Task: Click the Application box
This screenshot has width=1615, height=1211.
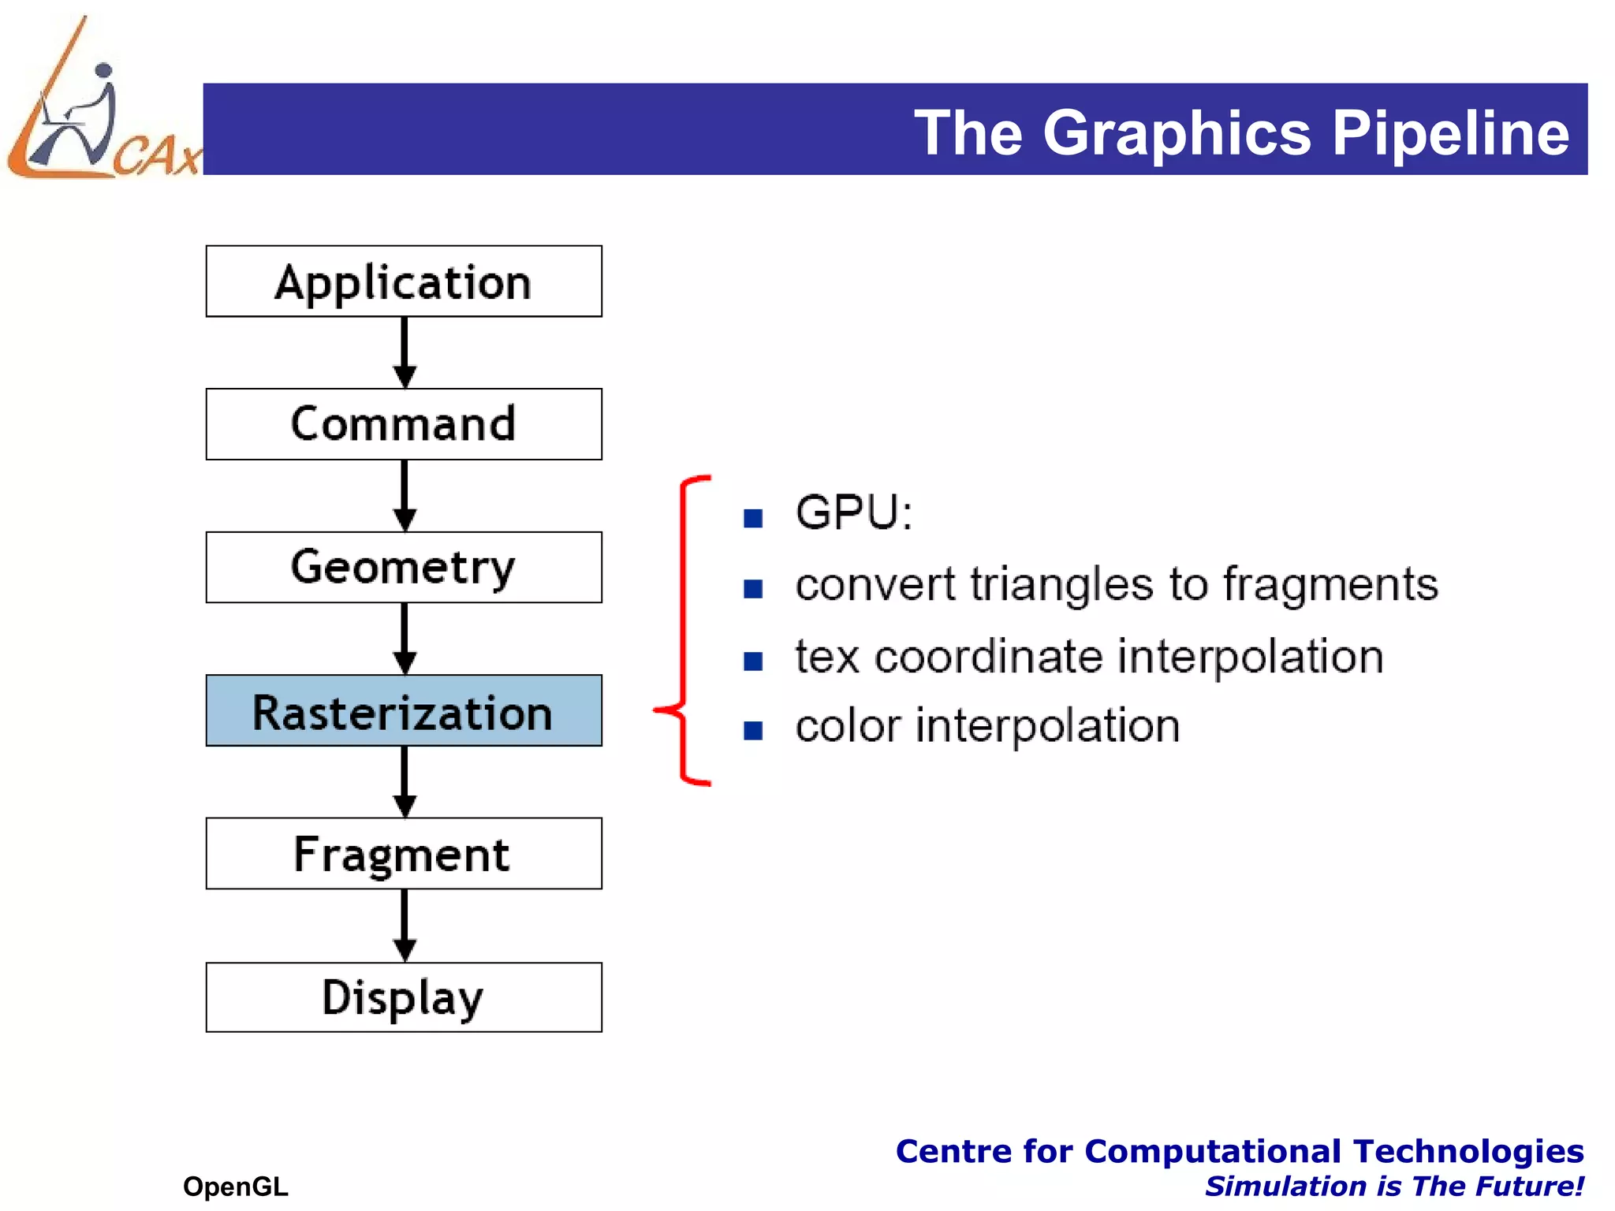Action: (x=404, y=281)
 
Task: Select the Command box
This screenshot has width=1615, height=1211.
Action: (x=404, y=424)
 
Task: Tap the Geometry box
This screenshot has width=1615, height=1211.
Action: (x=404, y=568)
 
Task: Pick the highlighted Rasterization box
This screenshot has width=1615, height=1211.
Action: (x=404, y=710)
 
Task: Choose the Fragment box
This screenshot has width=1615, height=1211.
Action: (x=404, y=854)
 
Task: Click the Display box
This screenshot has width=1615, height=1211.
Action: (x=404, y=997)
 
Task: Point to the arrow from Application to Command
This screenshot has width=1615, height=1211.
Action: (x=405, y=352)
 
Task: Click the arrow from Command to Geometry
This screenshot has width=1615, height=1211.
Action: (x=405, y=496)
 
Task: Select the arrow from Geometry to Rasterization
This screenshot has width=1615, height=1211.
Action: (x=405, y=639)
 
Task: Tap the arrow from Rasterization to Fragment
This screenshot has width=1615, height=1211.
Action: (x=405, y=782)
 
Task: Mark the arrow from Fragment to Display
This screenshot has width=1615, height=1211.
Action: (x=405, y=926)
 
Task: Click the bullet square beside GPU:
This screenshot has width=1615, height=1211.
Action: (x=753, y=518)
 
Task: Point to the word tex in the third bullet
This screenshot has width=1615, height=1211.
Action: (x=826, y=657)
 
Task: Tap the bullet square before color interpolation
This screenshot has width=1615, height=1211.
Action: (x=753, y=731)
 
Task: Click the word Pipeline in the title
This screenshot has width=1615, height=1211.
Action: (x=1450, y=132)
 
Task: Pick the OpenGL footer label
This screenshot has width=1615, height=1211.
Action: (x=235, y=1186)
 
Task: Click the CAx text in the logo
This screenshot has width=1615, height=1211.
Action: (x=157, y=155)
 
